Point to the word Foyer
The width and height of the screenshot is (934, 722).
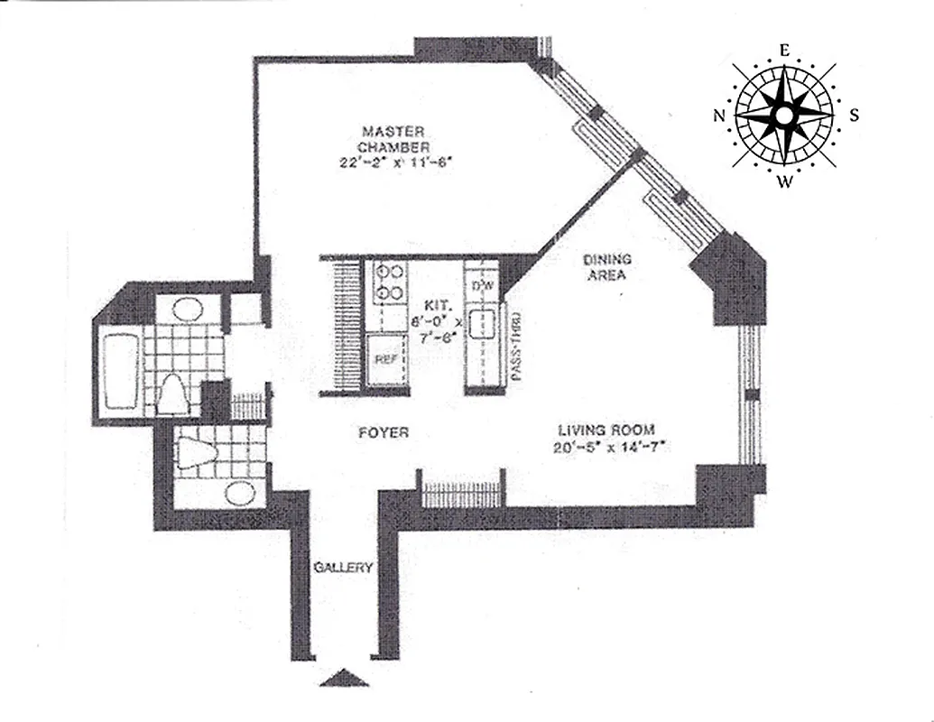point(384,433)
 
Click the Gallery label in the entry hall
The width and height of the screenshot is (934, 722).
point(344,568)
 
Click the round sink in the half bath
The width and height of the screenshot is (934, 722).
point(239,494)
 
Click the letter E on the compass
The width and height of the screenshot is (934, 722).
point(785,51)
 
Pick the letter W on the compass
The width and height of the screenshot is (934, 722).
point(785,183)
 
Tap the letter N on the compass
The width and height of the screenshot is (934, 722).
point(720,116)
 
